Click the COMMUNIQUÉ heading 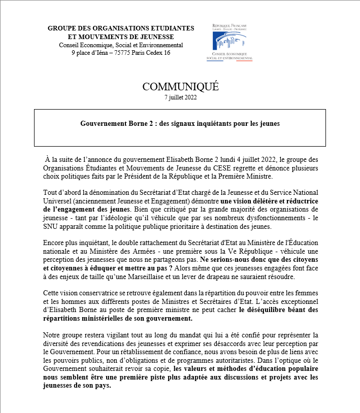(x=180, y=87)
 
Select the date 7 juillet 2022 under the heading (x=180, y=98)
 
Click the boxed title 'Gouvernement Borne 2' (x=180, y=123)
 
